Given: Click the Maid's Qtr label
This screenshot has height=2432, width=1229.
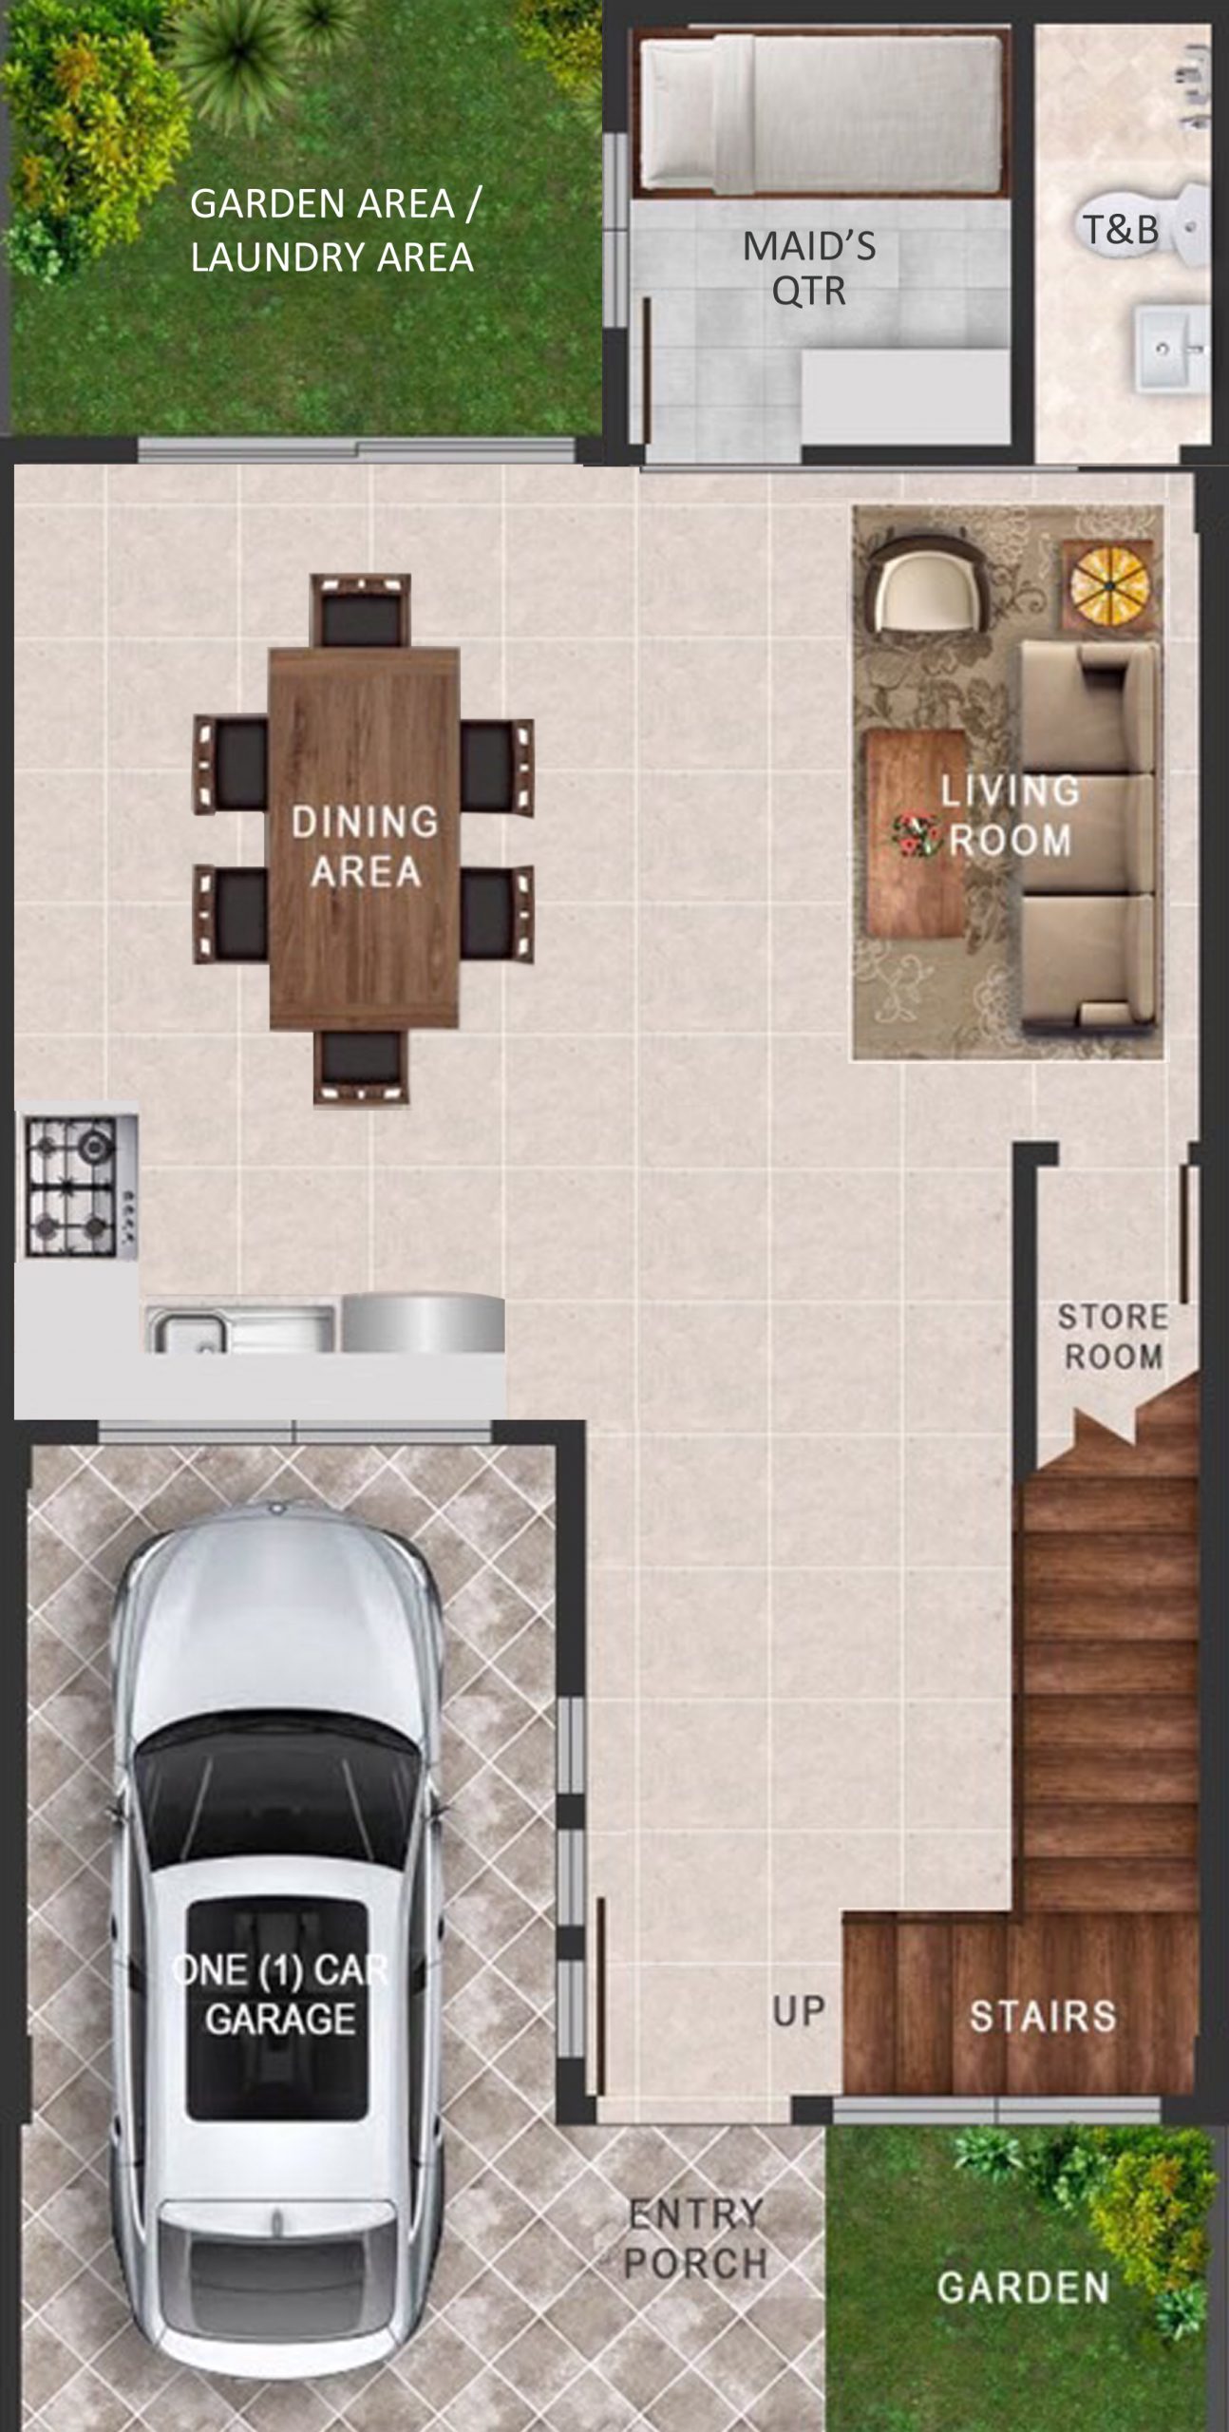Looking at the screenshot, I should click(x=809, y=268).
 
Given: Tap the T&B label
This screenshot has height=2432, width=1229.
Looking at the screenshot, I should click(x=1121, y=229).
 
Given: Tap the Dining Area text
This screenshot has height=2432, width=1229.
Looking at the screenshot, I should click(x=365, y=845).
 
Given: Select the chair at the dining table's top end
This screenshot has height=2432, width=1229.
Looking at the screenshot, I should click(x=361, y=610).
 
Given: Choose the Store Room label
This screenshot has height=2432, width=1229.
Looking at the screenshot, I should click(x=1113, y=1336).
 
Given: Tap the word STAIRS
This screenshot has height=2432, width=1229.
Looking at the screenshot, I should click(x=1042, y=2015).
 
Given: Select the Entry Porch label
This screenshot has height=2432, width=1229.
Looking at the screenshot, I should click(x=695, y=2238).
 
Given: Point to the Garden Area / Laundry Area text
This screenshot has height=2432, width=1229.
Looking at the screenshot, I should click(x=334, y=230).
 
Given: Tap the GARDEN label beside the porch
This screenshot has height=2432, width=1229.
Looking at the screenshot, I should click(x=1022, y=2287).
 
